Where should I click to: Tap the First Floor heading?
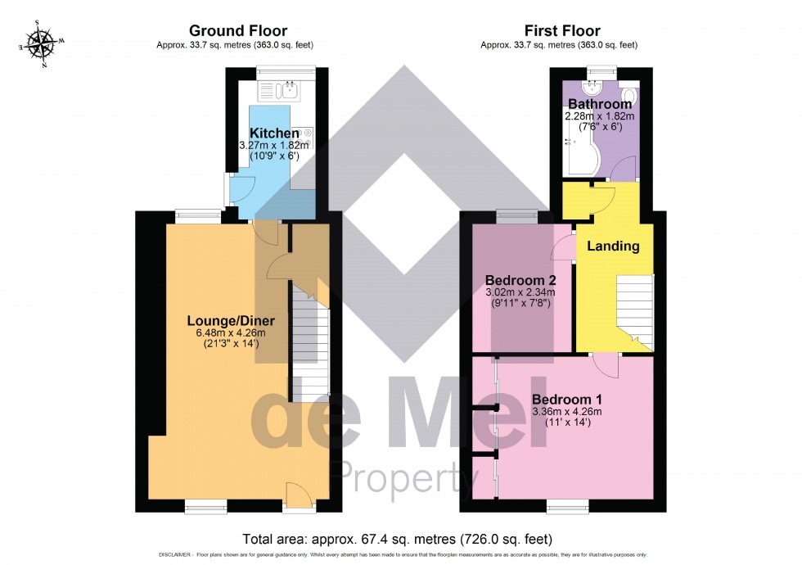[562, 31]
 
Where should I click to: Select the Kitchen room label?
[273, 133]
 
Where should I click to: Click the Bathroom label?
[600, 105]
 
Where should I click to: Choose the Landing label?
[613, 246]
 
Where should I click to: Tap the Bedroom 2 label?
[520, 279]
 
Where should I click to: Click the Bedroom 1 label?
[566, 398]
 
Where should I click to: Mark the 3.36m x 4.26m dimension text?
[566, 411]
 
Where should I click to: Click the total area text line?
[398, 539]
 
